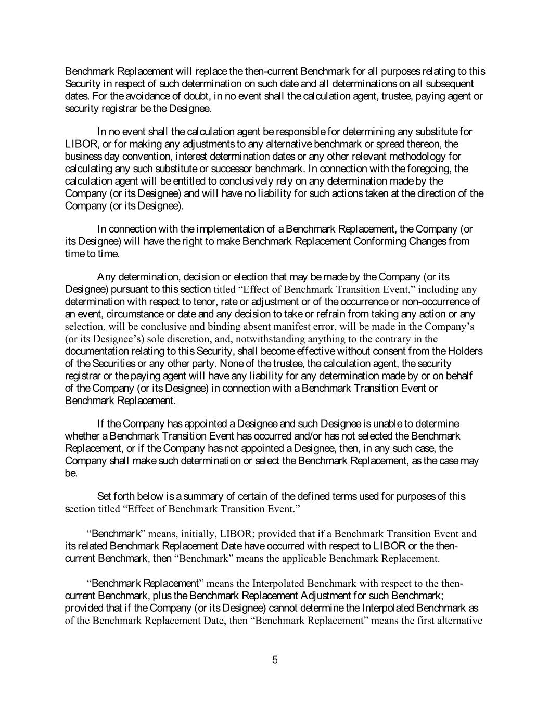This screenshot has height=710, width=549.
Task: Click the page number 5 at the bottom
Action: point(275,660)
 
